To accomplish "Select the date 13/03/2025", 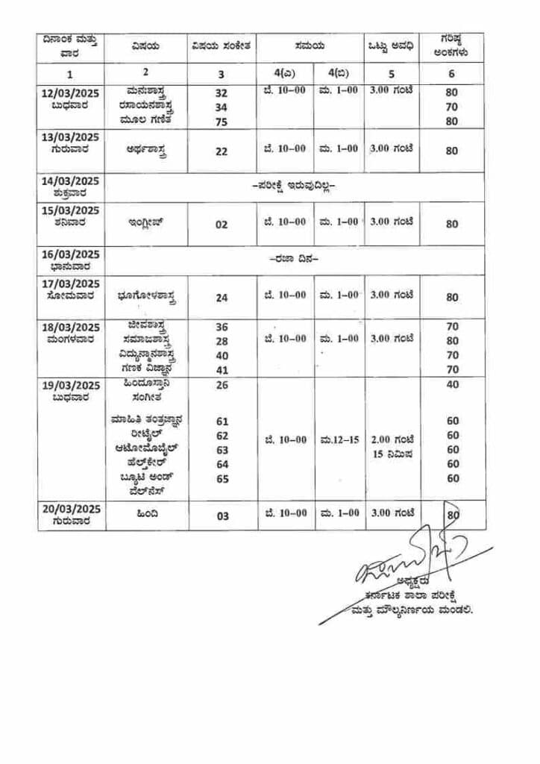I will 72,137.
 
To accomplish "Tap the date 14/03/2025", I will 72,181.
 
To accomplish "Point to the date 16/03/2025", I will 72,254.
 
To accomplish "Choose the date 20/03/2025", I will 72,509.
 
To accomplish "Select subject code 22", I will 222,151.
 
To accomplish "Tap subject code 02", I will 222,224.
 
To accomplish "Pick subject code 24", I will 222,297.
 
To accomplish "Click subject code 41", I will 222,369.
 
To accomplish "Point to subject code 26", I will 222,385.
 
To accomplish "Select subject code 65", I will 222,478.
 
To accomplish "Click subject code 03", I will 222,516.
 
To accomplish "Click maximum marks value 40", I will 453,385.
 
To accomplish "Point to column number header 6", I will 452,73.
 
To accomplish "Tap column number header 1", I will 71,74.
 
